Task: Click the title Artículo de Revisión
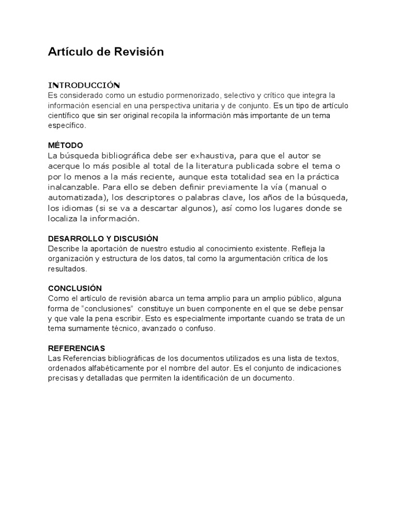tap(106, 52)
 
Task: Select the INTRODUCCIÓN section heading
tap(84, 85)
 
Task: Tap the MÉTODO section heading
tap(66, 145)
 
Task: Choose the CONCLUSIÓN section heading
tap(75, 288)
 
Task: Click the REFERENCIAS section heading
tap(77, 348)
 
